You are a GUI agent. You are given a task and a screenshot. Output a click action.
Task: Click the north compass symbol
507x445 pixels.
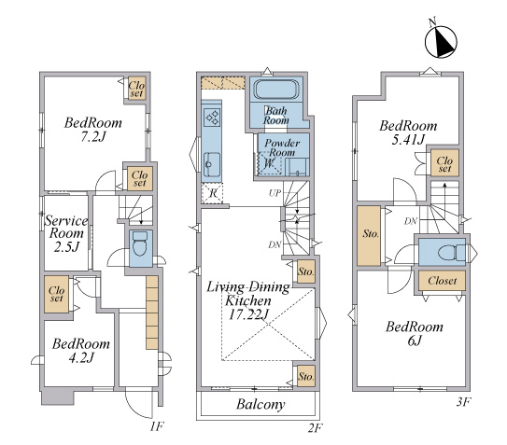(x=441, y=41)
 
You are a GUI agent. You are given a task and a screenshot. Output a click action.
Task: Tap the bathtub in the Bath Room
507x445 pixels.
(x=275, y=90)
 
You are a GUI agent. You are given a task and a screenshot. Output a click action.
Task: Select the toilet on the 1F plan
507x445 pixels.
(x=140, y=244)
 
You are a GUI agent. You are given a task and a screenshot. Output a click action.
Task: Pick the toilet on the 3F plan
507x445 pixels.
(x=452, y=252)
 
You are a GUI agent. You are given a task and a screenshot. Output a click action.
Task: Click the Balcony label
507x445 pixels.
(x=261, y=404)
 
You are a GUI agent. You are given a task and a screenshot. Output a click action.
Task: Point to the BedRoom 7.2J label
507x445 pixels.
(x=93, y=130)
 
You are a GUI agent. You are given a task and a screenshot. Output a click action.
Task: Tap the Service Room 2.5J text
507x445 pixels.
(x=66, y=233)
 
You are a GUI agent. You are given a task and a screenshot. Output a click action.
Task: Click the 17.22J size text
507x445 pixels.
(x=249, y=314)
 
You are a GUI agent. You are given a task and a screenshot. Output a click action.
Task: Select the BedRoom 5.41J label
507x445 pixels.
(x=408, y=132)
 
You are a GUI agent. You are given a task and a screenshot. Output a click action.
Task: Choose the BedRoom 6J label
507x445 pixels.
(x=415, y=333)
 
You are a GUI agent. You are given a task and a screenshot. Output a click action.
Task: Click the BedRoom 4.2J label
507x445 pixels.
(x=81, y=351)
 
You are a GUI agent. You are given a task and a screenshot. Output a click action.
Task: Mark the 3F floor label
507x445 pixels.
(x=463, y=402)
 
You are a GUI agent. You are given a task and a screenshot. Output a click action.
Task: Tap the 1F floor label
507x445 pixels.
(x=156, y=427)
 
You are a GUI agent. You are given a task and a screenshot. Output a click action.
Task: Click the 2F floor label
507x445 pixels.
(x=315, y=428)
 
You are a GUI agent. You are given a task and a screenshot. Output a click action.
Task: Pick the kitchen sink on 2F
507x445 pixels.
(x=212, y=164)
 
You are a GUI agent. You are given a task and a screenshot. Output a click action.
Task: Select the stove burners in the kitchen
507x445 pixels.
(x=212, y=117)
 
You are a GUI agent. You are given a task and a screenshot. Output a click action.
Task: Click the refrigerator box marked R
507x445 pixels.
(x=213, y=193)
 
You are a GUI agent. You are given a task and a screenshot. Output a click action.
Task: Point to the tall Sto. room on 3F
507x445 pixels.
(x=369, y=236)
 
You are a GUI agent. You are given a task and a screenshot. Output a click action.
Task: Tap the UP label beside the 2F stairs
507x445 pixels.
(x=275, y=193)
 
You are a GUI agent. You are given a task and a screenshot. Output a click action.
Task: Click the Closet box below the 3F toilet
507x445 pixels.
(x=442, y=281)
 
